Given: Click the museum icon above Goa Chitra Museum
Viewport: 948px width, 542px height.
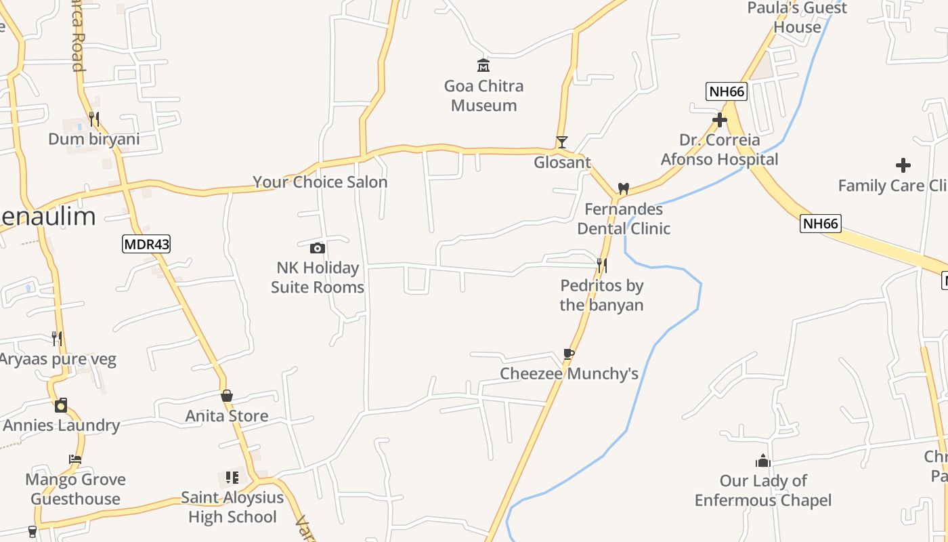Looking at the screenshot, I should pyautogui.click(x=483, y=66).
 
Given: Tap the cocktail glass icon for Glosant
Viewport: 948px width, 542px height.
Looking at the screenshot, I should pyautogui.click(x=561, y=142).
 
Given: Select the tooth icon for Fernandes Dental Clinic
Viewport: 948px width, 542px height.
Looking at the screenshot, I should pyautogui.click(x=624, y=188).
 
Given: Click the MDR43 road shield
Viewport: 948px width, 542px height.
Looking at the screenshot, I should pyautogui.click(x=146, y=244).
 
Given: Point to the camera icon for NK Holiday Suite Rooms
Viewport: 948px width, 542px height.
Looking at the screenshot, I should pyautogui.click(x=317, y=248).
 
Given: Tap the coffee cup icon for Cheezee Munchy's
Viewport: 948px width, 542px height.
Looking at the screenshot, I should pyautogui.click(x=569, y=354).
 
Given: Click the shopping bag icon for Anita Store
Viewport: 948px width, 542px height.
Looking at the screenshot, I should pyautogui.click(x=227, y=396).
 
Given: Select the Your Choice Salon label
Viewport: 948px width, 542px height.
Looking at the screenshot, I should pyautogui.click(x=320, y=182).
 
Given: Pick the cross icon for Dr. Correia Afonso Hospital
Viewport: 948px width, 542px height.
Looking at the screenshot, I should pyautogui.click(x=719, y=121).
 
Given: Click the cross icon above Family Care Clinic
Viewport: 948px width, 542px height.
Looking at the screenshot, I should pyautogui.click(x=903, y=165).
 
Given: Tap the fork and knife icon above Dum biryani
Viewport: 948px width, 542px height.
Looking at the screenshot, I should pyautogui.click(x=94, y=119).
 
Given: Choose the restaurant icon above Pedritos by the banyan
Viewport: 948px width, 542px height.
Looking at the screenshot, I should pyautogui.click(x=601, y=265).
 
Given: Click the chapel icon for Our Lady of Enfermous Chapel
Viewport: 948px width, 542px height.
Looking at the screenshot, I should pyautogui.click(x=763, y=461).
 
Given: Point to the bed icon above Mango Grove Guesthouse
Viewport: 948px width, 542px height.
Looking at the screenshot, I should pyautogui.click(x=75, y=459).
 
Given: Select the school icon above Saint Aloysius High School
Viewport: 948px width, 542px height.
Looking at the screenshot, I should pyautogui.click(x=232, y=478).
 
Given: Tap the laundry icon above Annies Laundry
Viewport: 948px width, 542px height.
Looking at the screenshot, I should pyautogui.click(x=61, y=405).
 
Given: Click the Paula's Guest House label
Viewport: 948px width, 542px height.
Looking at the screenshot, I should pyautogui.click(x=797, y=18).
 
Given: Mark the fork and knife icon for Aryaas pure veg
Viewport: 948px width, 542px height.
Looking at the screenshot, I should pyautogui.click(x=58, y=338).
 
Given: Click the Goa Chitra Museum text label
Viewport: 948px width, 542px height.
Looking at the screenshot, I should pyautogui.click(x=483, y=96).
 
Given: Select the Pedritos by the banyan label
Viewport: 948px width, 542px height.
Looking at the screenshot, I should pyautogui.click(x=601, y=295).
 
